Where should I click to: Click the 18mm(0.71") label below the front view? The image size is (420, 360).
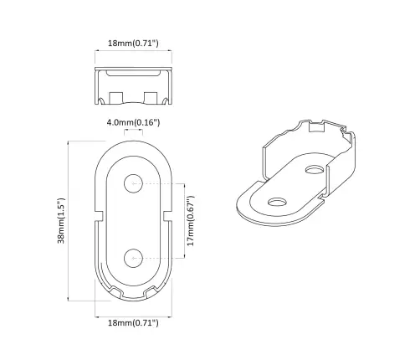point(134,322)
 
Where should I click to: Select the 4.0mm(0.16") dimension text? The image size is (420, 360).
point(133,123)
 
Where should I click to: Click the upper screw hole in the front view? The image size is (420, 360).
point(133,183)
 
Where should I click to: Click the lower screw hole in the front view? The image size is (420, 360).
point(133,256)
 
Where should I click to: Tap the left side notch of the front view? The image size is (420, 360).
point(100,220)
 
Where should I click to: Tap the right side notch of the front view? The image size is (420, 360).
point(167,220)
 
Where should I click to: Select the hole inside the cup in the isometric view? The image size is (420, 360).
point(315,170)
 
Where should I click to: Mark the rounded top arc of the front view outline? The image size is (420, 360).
point(133,146)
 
